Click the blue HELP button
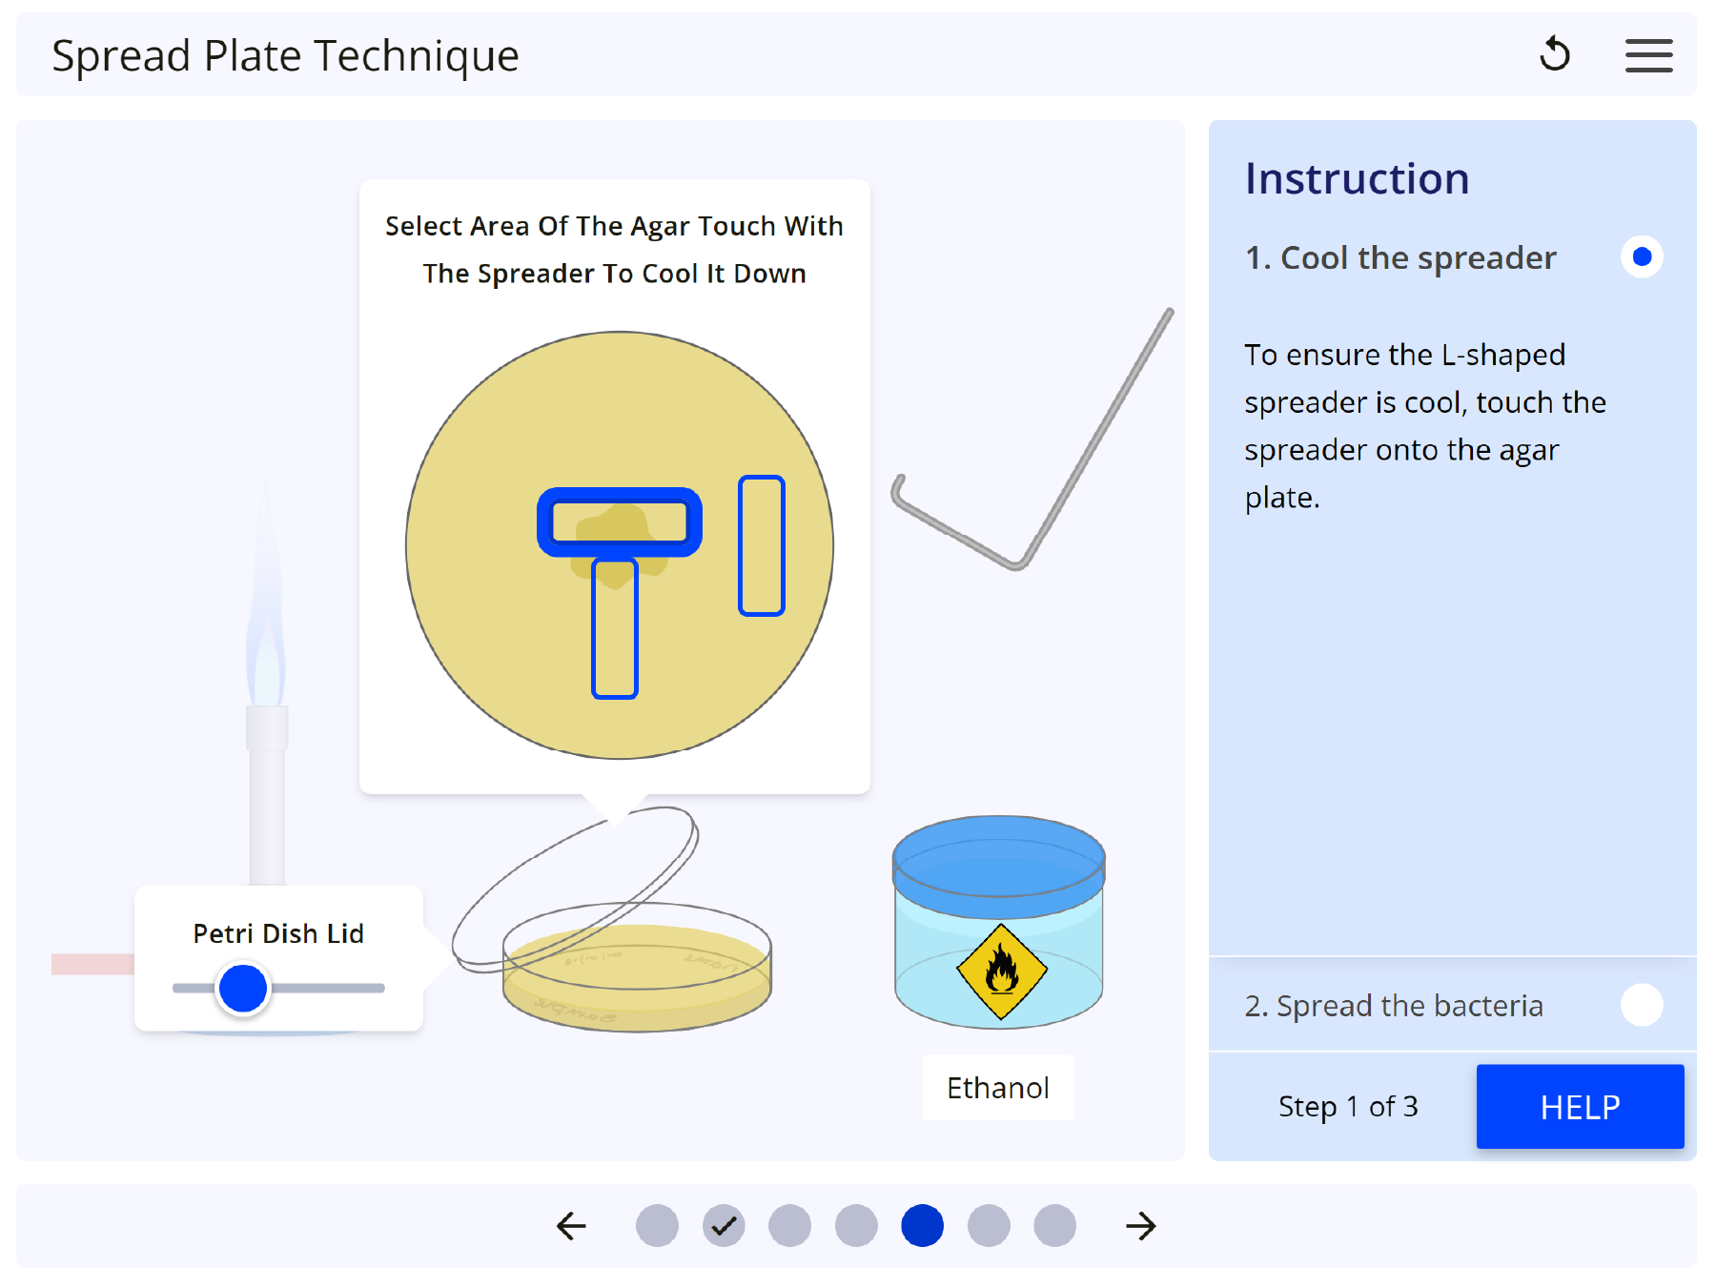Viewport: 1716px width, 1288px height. coord(1580,1106)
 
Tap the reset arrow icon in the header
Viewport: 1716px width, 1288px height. coord(1555,54)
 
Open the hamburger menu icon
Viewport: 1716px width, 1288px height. coord(1648,55)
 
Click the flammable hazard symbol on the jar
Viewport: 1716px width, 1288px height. coord(1001,971)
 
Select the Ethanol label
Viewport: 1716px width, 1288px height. coord(997,1088)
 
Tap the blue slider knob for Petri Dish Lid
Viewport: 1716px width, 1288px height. coord(243,988)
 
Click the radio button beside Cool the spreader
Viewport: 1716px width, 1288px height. coord(1642,256)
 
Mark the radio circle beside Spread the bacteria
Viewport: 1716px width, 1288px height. coord(1642,1005)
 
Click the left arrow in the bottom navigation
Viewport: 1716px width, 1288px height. coord(571,1225)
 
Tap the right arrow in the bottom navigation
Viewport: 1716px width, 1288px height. coord(1140,1225)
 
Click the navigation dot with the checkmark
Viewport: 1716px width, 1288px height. coord(724,1225)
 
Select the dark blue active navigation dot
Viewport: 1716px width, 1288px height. coord(922,1225)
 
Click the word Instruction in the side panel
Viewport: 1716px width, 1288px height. coord(1357,178)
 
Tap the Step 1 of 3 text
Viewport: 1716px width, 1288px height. coord(1348,1106)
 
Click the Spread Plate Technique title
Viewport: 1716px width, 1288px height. coord(285,56)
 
